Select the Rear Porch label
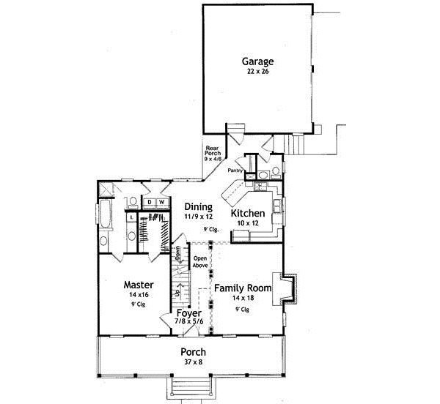(212, 151)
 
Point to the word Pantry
(235, 171)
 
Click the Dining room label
(198, 207)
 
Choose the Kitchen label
(248, 213)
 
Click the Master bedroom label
(137, 284)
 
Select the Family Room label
(243, 288)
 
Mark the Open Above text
(199, 263)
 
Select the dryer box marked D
(147, 202)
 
